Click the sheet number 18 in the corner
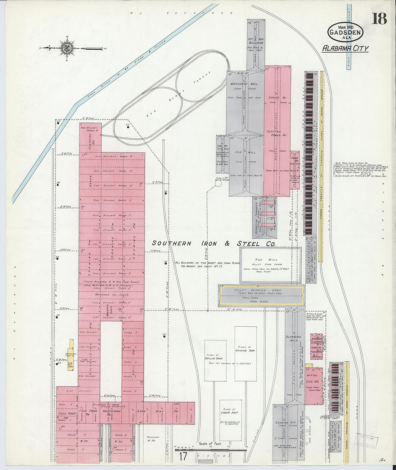pos(379,19)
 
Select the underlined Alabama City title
pos(345,48)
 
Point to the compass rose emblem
pos(67,48)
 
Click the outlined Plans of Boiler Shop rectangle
pos(215,360)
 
